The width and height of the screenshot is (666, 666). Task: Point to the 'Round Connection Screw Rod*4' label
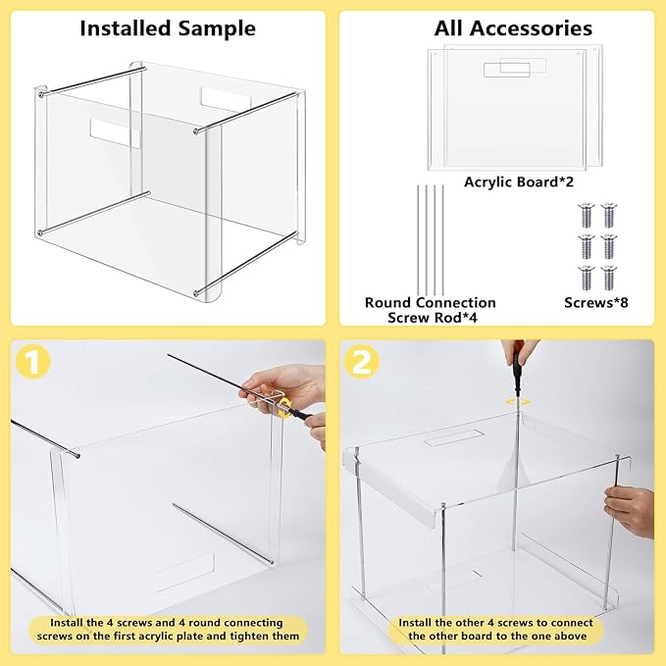click(x=430, y=310)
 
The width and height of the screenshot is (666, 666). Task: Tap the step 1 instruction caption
click(x=167, y=630)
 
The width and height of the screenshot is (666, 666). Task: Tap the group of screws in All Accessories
click(x=597, y=245)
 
